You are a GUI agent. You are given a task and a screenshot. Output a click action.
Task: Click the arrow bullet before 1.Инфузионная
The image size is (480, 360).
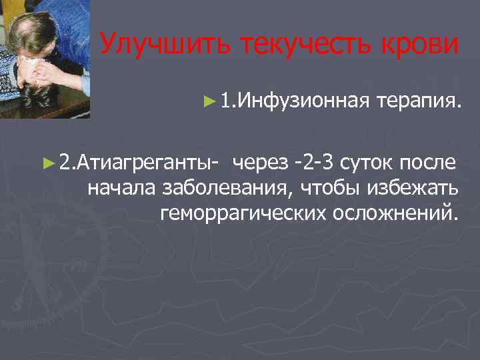tap(210, 102)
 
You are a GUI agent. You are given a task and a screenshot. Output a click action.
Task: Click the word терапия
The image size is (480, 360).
tap(418, 101)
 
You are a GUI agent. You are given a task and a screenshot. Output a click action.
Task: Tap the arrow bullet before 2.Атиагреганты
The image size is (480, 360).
tap(47, 161)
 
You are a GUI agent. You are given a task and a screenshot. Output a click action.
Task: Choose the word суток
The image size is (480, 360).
tap(369, 162)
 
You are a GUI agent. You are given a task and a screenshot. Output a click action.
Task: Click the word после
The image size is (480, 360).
tap(429, 162)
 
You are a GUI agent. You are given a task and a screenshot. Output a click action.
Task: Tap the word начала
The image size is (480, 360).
tap(122, 187)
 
